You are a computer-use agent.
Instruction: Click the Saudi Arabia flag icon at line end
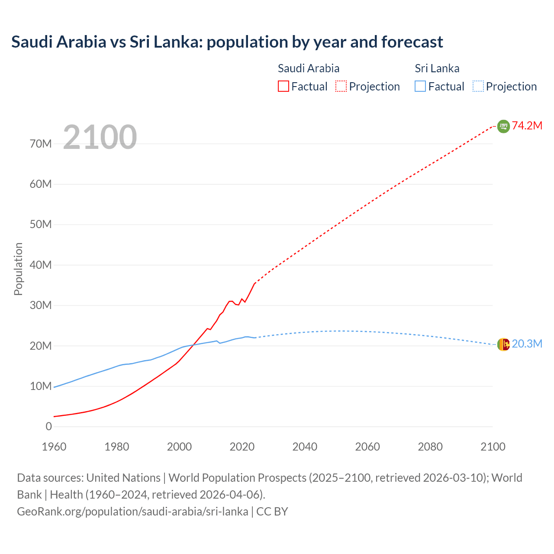[x=503, y=126]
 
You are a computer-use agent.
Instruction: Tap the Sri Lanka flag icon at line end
[x=503, y=345]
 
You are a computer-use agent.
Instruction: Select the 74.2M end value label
[x=527, y=126]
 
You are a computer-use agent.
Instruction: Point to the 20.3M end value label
[x=527, y=344]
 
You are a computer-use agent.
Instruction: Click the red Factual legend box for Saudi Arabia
[x=283, y=86]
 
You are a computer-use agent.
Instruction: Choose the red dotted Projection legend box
[x=341, y=86]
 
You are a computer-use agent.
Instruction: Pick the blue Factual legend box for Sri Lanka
[x=420, y=86]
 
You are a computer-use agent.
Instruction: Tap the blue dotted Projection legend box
[x=478, y=86]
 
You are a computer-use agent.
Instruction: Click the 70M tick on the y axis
[x=41, y=144]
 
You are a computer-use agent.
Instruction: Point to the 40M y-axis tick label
[x=41, y=265]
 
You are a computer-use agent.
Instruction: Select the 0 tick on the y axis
[x=48, y=426]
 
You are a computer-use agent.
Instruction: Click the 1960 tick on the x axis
[x=54, y=447]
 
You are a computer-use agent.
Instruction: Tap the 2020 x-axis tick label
[x=242, y=447]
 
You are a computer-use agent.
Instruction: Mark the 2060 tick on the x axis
[x=367, y=447]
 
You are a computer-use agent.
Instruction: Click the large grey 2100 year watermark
[x=100, y=137]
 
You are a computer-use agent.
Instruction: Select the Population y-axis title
[x=18, y=269]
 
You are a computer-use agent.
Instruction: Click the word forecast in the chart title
[x=412, y=42]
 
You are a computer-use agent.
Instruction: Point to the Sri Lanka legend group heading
[x=437, y=68]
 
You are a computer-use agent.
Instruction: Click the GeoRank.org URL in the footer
[x=132, y=511]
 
